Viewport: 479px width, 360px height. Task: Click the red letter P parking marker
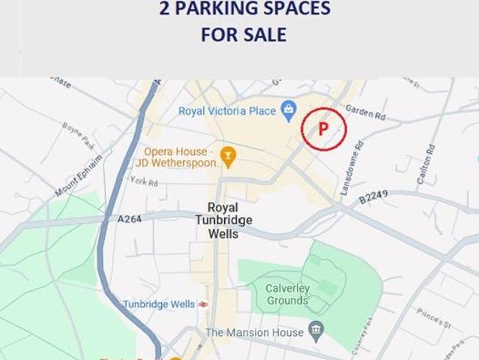coord(324,128)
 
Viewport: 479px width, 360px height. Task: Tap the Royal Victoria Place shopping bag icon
coord(289,110)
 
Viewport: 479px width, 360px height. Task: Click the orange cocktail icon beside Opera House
coord(229,157)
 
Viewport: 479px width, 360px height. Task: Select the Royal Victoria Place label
coord(227,111)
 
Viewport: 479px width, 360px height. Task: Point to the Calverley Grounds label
coord(287,294)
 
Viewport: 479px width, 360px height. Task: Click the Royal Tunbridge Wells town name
coord(223,220)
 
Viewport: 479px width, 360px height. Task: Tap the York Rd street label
coord(143,182)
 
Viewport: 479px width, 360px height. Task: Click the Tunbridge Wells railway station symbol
coord(202,304)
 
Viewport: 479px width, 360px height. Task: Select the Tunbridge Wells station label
coord(158,304)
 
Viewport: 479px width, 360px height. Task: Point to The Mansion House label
coord(254,332)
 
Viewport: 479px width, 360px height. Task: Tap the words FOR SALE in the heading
coord(244,34)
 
